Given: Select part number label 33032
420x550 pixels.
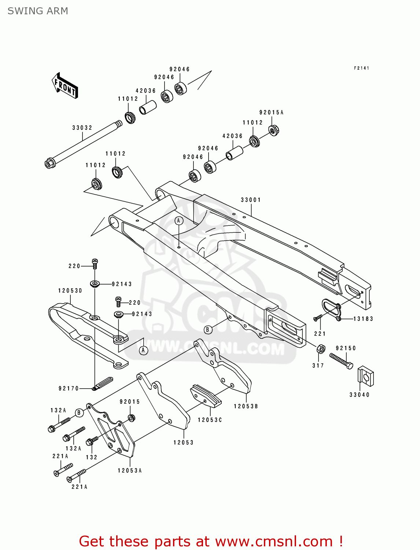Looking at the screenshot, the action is pyautogui.click(x=82, y=128).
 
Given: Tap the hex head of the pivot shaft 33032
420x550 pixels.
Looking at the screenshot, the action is pyautogui.click(x=49, y=163).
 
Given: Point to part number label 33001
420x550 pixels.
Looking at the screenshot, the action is pyautogui.click(x=251, y=200).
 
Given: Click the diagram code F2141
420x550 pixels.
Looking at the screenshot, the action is pyautogui.click(x=361, y=68).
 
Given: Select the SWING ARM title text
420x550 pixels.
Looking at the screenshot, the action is pyautogui.click(x=38, y=11).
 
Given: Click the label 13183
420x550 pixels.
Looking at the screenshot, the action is pyautogui.click(x=363, y=319).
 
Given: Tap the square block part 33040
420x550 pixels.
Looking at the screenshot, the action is pyautogui.click(x=365, y=376).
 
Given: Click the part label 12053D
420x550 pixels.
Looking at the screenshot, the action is pyautogui.click(x=70, y=291).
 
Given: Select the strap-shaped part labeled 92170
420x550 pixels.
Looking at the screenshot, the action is pyautogui.click(x=103, y=383).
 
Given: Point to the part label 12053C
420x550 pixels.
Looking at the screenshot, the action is pyautogui.click(x=210, y=420).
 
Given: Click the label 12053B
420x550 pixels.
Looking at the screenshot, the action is pyautogui.click(x=246, y=406).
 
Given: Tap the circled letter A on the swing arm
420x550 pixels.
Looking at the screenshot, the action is pyautogui.click(x=178, y=221).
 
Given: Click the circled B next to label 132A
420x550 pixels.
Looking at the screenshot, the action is pyautogui.click(x=79, y=413).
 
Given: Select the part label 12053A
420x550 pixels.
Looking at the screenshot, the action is pyautogui.click(x=130, y=470).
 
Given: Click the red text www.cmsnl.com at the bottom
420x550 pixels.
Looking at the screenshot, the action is pyautogui.click(x=273, y=541).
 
